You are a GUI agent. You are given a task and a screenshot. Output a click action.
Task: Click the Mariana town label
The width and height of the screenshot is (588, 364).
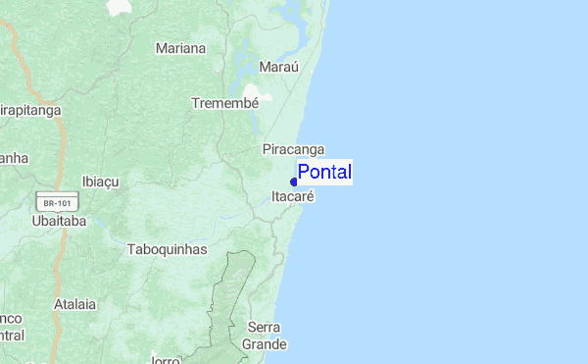point(181,48)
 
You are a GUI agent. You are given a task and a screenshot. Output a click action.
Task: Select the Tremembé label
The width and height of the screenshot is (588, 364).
point(224,103)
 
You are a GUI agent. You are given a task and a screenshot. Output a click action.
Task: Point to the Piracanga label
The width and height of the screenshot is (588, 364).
point(293,150)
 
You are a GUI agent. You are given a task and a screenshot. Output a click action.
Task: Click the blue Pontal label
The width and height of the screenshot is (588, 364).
point(324,173)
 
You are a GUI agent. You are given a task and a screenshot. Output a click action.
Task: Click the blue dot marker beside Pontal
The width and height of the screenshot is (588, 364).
point(294,182)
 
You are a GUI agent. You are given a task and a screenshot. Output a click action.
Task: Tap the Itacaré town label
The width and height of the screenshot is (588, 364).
point(292,196)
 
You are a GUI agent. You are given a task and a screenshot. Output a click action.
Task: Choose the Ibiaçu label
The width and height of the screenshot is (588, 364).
point(100,182)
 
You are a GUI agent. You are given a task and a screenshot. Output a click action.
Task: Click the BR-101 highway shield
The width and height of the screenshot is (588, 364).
point(56,203)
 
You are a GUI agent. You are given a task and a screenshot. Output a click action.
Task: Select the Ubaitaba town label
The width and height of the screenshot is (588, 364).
point(59,222)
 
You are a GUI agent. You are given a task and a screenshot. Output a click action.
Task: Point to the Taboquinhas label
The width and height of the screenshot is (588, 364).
point(168,249)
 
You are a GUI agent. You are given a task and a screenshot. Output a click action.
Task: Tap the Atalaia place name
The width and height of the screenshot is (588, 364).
point(75,304)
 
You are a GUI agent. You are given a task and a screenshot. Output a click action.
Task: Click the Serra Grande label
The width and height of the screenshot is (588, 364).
point(265,336)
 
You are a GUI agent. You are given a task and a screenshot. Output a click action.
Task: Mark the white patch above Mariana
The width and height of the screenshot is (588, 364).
point(119,7)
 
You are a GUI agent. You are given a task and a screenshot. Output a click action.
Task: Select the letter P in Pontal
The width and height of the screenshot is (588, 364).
point(304,173)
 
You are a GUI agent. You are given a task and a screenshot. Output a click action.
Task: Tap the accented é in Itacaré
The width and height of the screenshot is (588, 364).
point(310,196)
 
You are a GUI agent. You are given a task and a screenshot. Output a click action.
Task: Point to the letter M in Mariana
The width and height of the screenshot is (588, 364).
point(161,48)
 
